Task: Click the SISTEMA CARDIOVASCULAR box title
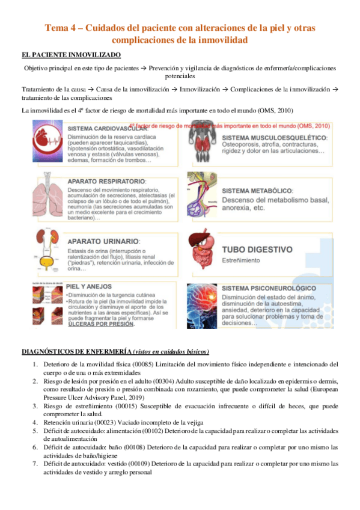point(108,129)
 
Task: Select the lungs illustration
point(49,195)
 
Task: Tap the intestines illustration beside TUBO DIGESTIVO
point(204,253)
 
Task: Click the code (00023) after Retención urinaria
point(101,422)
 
